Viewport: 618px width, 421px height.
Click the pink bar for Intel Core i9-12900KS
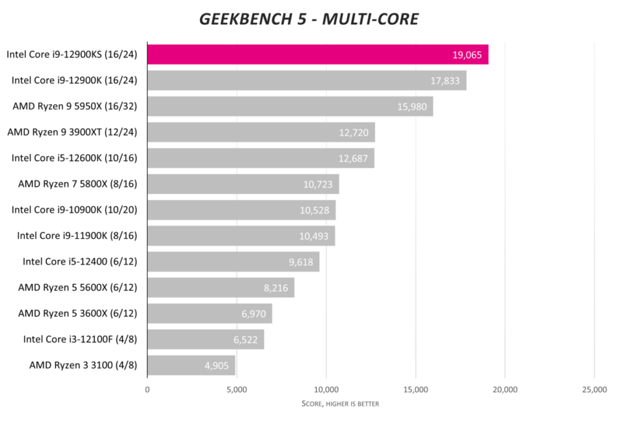pyautogui.click(x=317, y=54)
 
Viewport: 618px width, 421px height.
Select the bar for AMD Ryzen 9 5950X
pyautogui.click(x=290, y=106)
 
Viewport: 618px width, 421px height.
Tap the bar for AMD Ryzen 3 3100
pyautogui.click(x=191, y=366)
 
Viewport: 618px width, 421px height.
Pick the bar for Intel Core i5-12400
pyautogui.click(x=233, y=262)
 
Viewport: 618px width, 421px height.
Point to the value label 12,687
pyautogui.click(x=354, y=159)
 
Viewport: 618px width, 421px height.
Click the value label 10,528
pyautogui.click(x=315, y=210)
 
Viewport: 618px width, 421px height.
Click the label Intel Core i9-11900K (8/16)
pyautogui.click(x=77, y=236)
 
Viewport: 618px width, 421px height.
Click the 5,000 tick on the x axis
pyautogui.click(x=237, y=390)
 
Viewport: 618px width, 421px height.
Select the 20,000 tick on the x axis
pyautogui.click(x=505, y=390)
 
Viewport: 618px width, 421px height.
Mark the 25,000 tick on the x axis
pyautogui.click(x=594, y=390)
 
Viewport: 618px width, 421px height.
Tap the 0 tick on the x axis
pyautogui.click(x=147, y=390)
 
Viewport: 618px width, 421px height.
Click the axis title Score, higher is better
pyautogui.click(x=340, y=404)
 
